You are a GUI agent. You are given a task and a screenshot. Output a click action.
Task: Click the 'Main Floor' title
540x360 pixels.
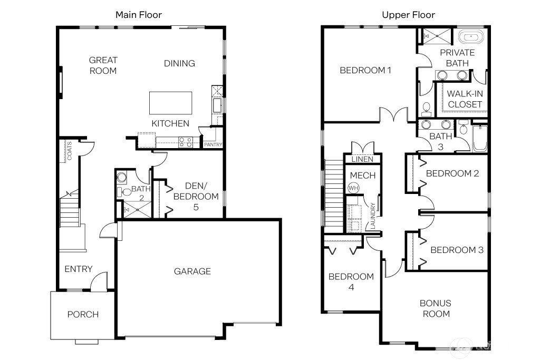point(139,15)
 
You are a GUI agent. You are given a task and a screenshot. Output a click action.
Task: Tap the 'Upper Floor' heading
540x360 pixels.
point(409,15)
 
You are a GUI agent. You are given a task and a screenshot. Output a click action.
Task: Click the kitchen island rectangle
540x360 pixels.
point(170,103)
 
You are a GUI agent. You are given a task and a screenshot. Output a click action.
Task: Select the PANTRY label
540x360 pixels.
point(213,144)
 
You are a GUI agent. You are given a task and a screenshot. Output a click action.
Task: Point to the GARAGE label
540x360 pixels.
point(192,271)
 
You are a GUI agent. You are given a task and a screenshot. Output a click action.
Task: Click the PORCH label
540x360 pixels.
point(83,314)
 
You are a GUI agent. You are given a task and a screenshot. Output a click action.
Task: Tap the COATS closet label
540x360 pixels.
point(70,151)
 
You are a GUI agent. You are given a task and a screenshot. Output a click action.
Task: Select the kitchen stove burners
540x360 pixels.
point(185,142)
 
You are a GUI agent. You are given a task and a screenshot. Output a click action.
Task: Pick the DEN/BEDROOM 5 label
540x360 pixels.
point(196,196)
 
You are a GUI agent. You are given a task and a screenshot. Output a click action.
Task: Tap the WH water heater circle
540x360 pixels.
point(353,188)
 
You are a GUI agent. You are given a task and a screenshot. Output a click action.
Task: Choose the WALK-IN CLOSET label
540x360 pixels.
point(465,99)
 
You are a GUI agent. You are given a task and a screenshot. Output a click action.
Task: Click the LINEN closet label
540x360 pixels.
point(362,159)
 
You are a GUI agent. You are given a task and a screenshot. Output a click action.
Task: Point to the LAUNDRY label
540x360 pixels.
point(373,216)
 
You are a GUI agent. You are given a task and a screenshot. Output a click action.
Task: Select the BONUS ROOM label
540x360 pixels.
point(436,308)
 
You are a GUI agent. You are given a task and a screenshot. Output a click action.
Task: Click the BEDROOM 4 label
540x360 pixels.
point(351,281)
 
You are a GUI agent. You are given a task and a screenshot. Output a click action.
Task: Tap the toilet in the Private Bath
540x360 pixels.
point(426,110)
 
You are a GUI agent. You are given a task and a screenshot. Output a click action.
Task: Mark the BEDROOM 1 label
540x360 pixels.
point(365,70)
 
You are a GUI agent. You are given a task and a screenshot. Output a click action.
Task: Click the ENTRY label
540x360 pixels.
point(79,269)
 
